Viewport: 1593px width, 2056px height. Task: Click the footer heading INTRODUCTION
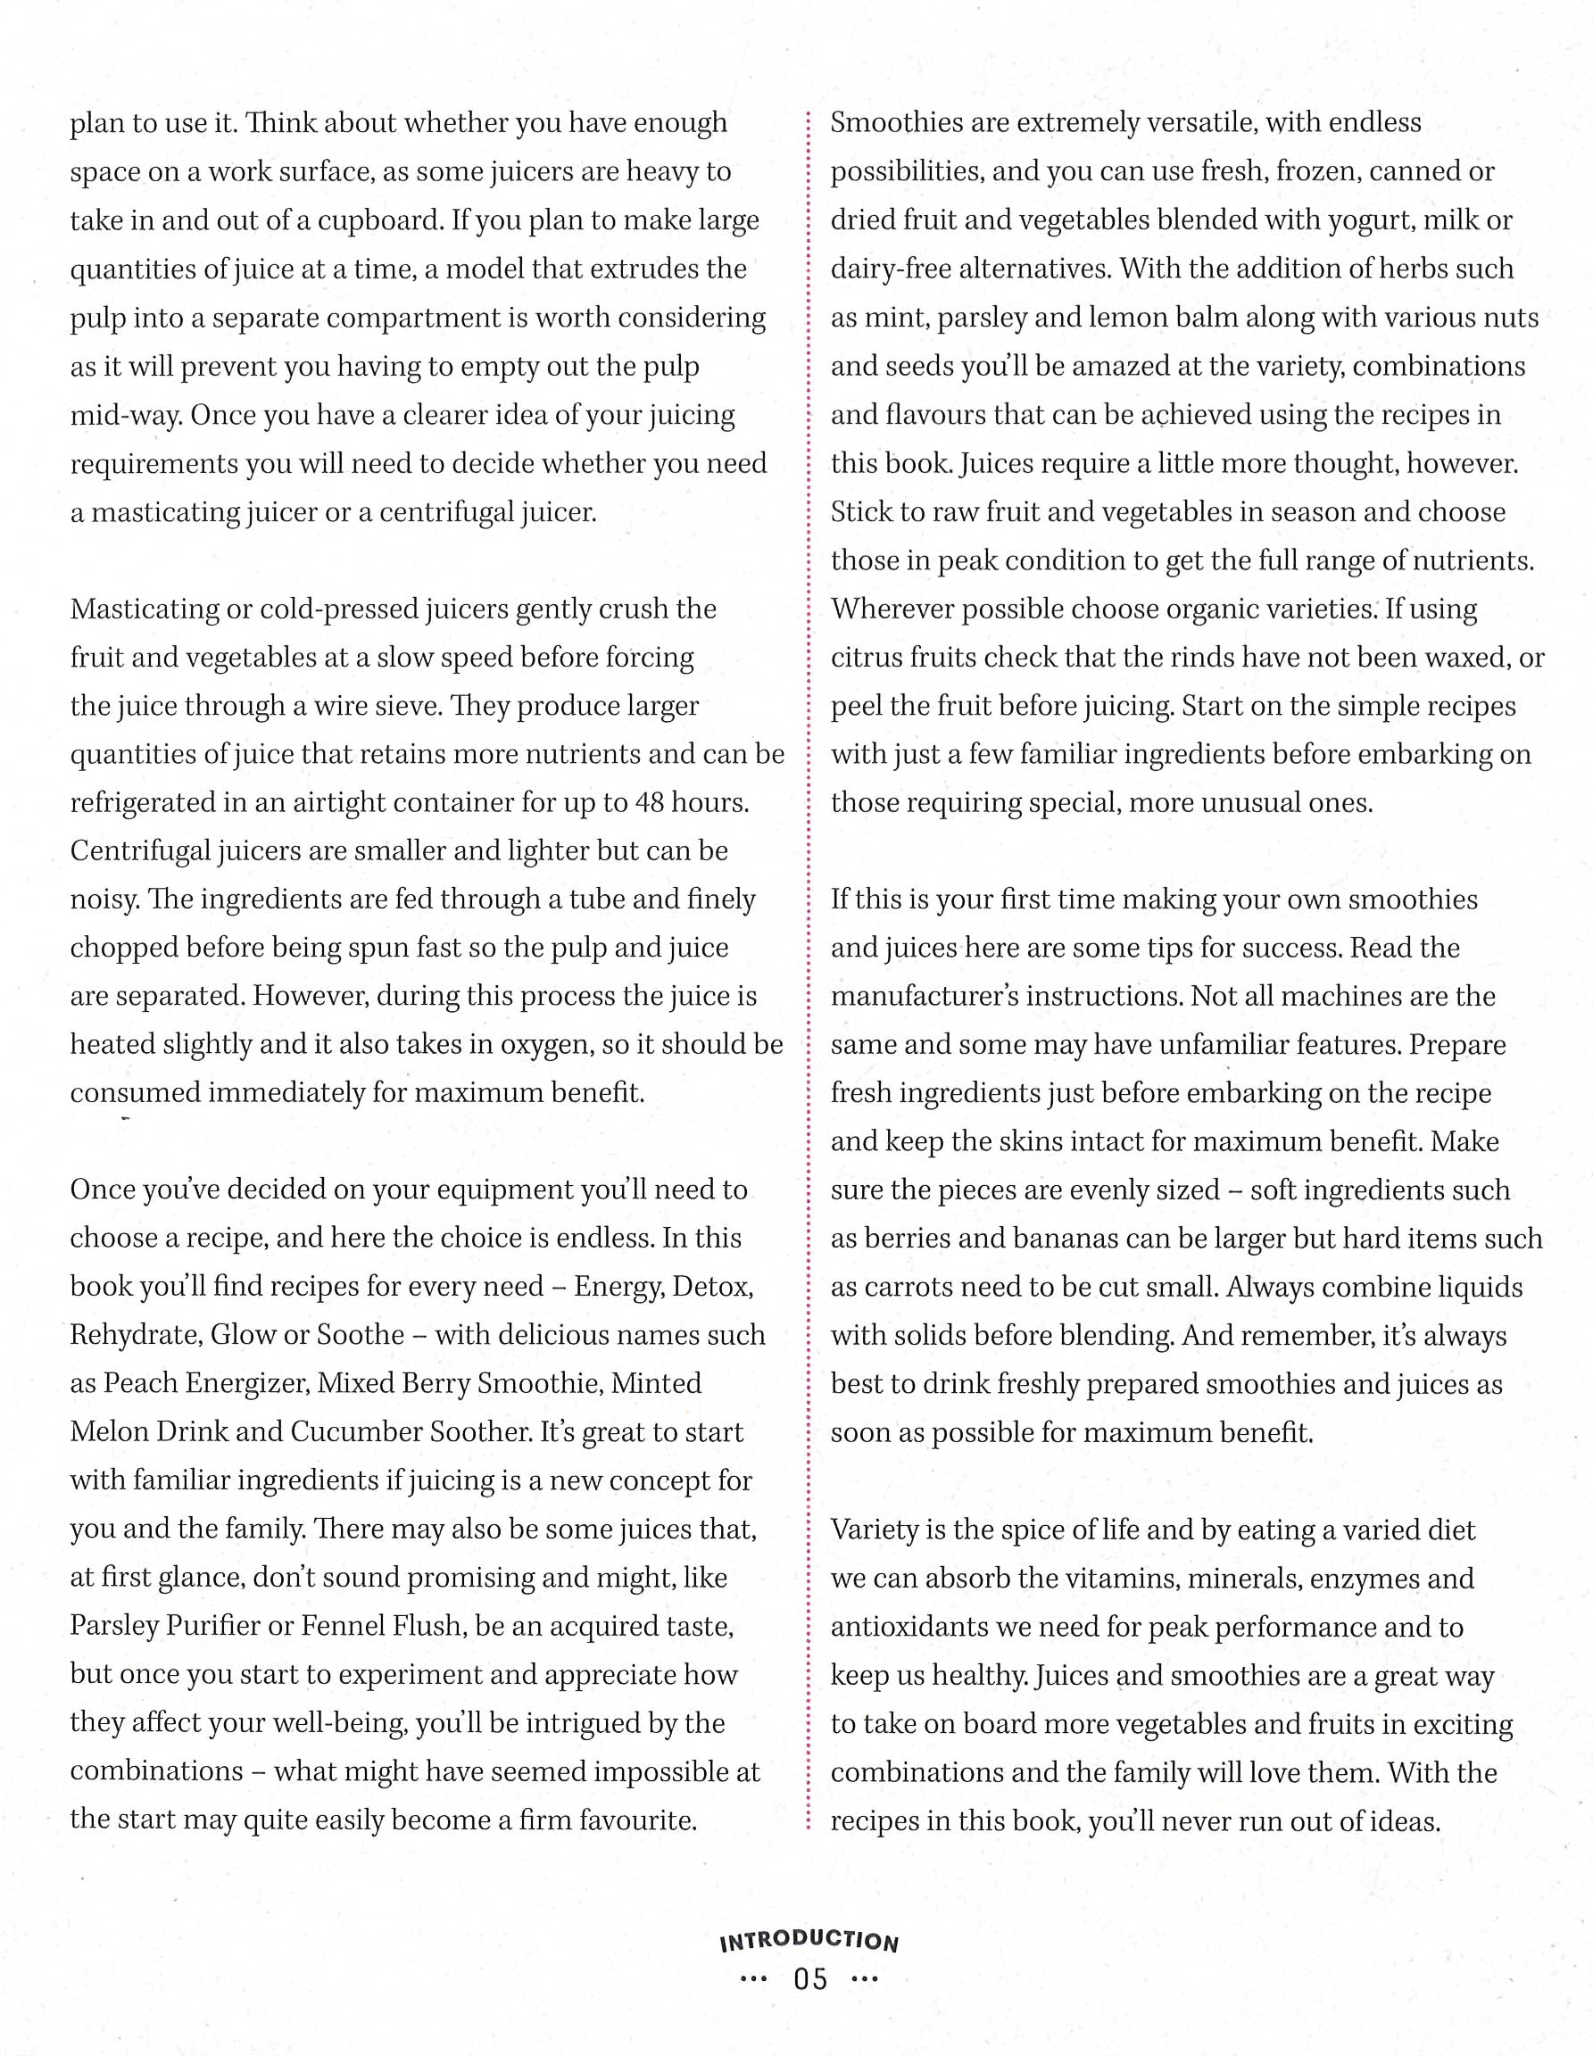click(809, 1940)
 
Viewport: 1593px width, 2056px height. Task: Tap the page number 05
click(810, 1978)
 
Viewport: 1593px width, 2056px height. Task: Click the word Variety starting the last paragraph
click(875, 1530)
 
